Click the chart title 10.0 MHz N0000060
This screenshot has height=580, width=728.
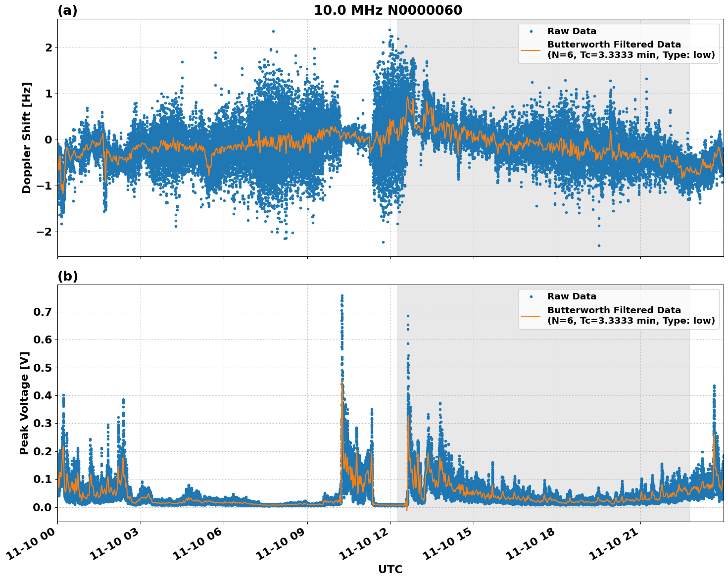388,10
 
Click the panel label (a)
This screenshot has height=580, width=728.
67,10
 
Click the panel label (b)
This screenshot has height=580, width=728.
67,276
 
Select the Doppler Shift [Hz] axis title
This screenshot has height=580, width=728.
26,138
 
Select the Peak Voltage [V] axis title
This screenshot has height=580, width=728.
24,403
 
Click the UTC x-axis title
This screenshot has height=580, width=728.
390,569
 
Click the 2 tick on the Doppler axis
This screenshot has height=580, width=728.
49,48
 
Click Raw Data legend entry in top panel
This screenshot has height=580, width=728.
572,31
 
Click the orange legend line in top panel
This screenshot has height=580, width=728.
531,49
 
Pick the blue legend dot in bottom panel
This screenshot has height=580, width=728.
531,296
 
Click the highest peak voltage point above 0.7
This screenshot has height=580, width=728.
342,296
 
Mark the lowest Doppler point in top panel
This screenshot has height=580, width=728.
599,245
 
